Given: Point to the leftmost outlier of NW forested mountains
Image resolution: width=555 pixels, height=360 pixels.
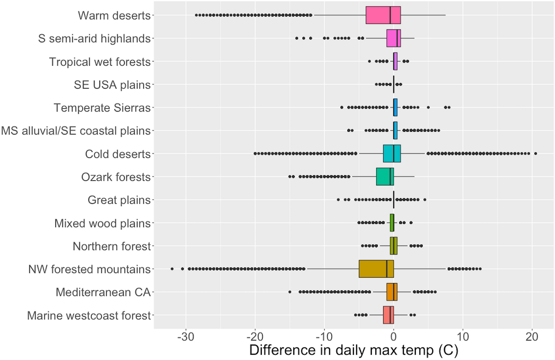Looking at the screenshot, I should coord(172,269).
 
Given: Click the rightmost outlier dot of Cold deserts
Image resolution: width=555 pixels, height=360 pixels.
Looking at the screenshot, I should coord(535,154).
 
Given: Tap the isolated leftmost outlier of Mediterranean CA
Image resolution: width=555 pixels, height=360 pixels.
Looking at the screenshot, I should coord(290,292).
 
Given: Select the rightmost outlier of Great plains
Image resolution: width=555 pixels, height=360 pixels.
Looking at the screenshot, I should coord(425,200).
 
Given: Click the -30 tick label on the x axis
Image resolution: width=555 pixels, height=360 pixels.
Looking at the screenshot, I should coord(186,337).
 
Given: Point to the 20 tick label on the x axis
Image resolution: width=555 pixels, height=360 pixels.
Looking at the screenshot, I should coord(532,337).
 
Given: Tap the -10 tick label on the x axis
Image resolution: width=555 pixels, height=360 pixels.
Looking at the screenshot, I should coord(324,337).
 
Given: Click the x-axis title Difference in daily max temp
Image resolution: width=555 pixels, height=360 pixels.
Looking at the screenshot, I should coord(354,350).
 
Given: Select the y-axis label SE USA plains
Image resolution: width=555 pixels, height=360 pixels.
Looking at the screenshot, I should coord(112,85).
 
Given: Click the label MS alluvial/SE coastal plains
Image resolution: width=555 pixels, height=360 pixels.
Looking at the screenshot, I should coord(76,131).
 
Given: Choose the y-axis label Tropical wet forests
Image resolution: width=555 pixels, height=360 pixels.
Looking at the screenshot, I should coord(100,62).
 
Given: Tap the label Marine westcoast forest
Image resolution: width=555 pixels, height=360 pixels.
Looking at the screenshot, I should coord(89,316).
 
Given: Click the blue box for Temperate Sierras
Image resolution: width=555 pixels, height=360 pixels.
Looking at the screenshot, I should coord(395,107).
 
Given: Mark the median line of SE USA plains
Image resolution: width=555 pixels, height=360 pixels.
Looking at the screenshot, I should coord(394,85).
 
